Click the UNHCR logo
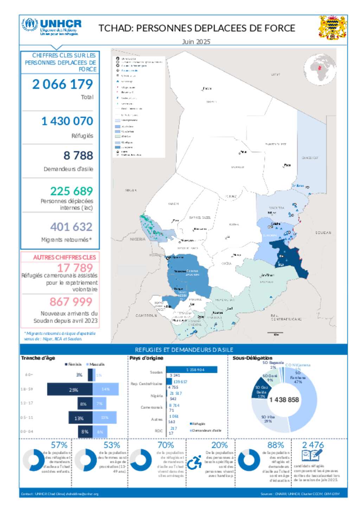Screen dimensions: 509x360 point(51,27)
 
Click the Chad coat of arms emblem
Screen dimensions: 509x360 point(332,27)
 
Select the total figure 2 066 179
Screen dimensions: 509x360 point(63,84)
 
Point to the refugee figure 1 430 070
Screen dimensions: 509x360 point(67,121)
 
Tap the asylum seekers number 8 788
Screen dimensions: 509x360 point(78,155)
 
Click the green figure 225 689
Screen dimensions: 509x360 point(71,191)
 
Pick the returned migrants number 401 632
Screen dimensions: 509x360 point(71,227)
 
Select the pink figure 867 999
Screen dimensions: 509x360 point(71,302)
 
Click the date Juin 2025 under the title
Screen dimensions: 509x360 point(196,42)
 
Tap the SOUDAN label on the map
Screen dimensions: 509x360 point(323,233)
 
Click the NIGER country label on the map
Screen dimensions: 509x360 point(130,190)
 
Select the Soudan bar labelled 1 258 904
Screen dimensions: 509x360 point(192,370)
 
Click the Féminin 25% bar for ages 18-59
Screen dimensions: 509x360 point(70,390)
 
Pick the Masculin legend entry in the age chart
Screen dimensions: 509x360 point(95,365)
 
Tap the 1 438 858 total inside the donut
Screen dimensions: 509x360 point(284,400)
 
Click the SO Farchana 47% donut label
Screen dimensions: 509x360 point(298,377)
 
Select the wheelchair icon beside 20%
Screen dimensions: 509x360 point(194,462)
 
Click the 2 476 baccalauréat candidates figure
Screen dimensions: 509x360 point(313,445)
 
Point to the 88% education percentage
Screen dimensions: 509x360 point(275,445)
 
